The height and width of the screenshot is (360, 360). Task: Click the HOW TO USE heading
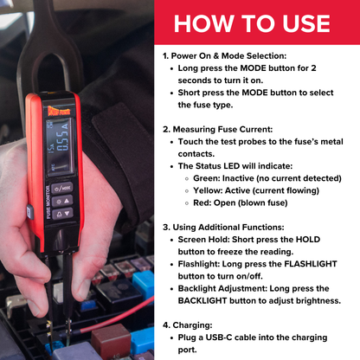click(252, 22)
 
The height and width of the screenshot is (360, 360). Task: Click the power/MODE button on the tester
click(63, 186)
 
